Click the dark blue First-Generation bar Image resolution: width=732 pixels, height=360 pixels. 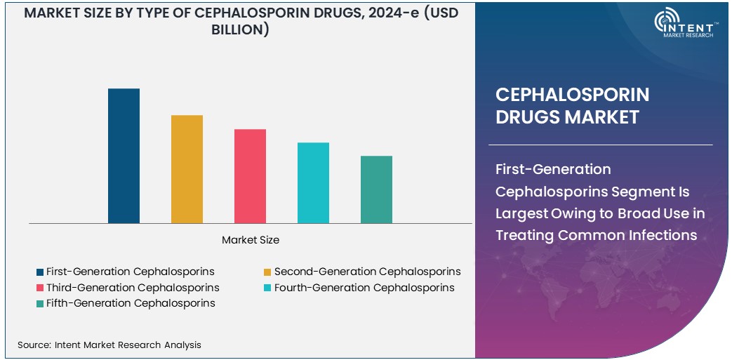(x=124, y=156)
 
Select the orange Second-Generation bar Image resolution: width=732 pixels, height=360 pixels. (x=187, y=169)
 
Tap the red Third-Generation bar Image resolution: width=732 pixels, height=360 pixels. (x=250, y=176)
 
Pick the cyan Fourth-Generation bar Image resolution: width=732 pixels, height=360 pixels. (x=313, y=182)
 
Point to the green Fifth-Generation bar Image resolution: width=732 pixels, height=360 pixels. (x=376, y=189)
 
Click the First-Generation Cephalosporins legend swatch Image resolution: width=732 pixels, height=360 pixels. (x=40, y=272)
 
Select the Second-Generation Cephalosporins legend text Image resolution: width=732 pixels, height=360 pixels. (x=367, y=272)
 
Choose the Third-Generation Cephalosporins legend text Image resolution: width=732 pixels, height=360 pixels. (x=133, y=288)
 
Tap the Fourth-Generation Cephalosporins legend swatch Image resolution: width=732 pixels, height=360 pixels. (x=267, y=288)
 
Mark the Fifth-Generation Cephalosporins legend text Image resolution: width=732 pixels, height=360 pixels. (x=131, y=303)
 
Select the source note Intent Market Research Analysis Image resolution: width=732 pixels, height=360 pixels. (x=109, y=345)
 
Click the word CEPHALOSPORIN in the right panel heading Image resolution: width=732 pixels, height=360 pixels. (x=572, y=95)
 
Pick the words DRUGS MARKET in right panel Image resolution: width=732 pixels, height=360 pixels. (x=567, y=117)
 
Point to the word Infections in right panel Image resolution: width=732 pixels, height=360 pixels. (x=663, y=235)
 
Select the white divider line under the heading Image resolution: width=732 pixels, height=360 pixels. (x=604, y=145)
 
